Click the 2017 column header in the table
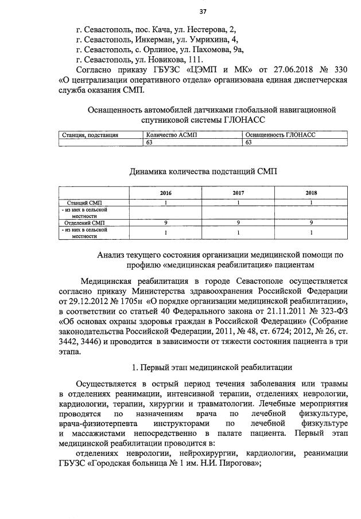(238, 193)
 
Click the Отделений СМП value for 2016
(166, 223)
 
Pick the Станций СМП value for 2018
(310, 202)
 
